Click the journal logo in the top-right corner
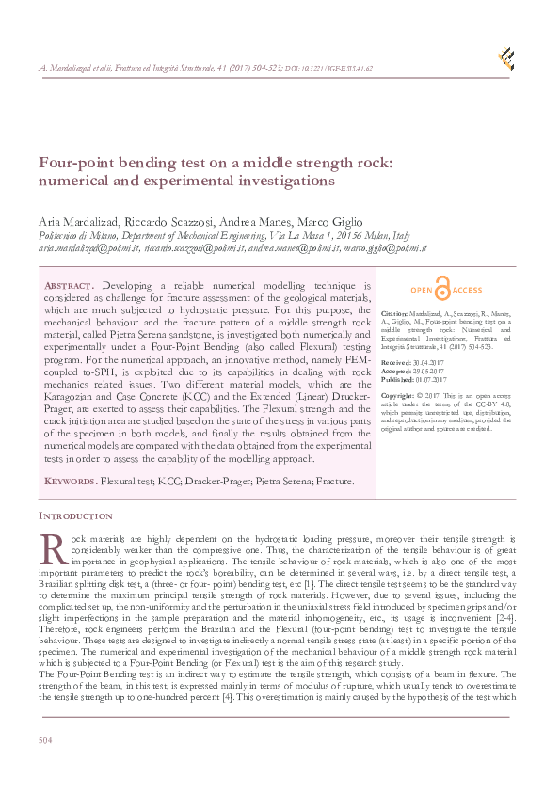(506, 57)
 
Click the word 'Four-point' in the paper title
(72, 162)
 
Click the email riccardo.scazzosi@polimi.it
(194, 248)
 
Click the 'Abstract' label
(71, 285)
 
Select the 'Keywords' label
(71, 481)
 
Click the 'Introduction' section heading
(75, 516)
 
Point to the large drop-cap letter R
(52, 546)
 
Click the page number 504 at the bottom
(45, 742)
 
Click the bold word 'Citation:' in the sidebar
(395, 310)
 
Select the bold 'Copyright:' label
(399, 396)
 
